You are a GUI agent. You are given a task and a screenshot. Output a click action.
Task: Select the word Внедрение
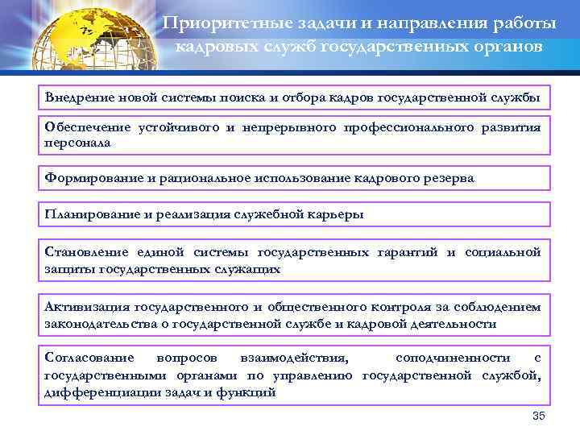(x=77, y=97)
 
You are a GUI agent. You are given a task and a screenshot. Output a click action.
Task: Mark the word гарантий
(x=408, y=253)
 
